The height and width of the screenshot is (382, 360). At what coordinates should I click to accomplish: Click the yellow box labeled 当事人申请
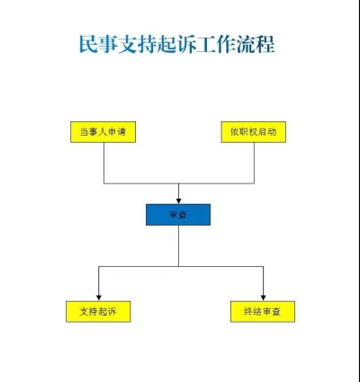click(x=103, y=132)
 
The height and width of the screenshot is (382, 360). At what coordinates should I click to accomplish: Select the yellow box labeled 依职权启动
click(x=254, y=132)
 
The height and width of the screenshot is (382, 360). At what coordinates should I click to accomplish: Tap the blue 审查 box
click(x=178, y=215)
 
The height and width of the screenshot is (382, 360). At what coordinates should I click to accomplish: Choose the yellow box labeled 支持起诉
click(x=98, y=312)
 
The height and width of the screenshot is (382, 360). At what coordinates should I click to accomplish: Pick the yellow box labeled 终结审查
click(x=263, y=312)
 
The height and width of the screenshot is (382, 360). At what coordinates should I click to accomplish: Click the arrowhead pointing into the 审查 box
click(x=179, y=201)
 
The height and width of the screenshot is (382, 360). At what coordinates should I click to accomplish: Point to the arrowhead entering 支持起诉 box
click(x=99, y=298)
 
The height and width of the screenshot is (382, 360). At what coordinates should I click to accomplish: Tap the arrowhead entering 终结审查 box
click(x=263, y=298)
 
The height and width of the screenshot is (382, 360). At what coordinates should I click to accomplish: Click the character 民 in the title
click(x=88, y=44)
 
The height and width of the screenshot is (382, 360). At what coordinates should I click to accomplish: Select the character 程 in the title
click(x=265, y=44)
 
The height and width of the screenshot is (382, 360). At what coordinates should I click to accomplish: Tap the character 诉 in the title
click(x=186, y=44)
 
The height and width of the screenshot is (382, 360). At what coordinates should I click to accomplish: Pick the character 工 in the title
click(x=206, y=44)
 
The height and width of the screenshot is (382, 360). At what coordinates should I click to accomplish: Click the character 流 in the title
click(x=246, y=44)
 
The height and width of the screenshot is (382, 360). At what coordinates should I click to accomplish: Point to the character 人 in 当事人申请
click(x=103, y=132)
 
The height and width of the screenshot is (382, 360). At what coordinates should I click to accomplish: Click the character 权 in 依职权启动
click(x=253, y=132)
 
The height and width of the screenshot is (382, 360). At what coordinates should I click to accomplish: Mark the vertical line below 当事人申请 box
click(x=104, y=163)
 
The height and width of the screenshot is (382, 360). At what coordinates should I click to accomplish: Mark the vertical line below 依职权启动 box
click(x=254, y=163)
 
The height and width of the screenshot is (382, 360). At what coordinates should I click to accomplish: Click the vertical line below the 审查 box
click(x=179, y=245)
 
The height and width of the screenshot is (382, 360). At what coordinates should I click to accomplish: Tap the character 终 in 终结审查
click(x=248, y=312)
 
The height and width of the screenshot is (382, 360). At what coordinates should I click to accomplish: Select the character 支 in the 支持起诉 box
click(x=85, y=312)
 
